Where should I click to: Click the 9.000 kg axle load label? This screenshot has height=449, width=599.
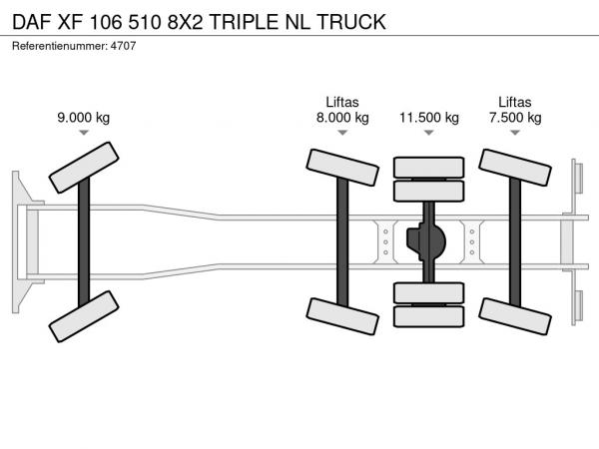point(84,117)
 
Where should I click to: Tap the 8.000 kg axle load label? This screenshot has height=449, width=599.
point(342,117)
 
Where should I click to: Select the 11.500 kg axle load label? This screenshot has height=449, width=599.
point(429,117)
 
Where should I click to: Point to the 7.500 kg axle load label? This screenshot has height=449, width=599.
point(515,117)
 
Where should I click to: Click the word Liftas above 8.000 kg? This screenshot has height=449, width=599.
point(342,102)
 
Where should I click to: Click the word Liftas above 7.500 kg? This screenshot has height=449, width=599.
point(515,102)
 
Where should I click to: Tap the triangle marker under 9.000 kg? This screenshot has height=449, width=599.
point(84,132)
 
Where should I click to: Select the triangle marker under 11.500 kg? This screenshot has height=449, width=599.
point(429,132)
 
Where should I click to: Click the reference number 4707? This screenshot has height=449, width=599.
point(123,46)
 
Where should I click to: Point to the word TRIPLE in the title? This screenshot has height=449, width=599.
point(245,21)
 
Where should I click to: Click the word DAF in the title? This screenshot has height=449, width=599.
point(32,21)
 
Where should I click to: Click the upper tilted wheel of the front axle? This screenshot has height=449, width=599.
point(84,168)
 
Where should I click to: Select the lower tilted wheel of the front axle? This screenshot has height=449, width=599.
point(84,316)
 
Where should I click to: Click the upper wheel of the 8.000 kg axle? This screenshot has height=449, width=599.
point(342,168)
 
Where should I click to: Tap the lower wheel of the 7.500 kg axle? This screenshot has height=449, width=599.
point(515,316)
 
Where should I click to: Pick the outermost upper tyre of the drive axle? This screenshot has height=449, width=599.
point(429,168)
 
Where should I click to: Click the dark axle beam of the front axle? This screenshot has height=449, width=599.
point(84,241)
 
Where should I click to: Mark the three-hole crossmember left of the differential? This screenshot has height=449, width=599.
point(385,241)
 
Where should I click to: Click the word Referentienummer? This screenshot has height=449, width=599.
point(60,46)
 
